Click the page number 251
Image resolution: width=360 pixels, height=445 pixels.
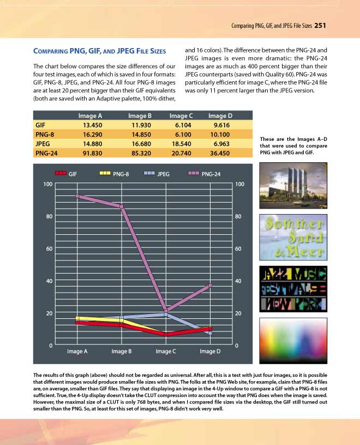[x=320, y=25]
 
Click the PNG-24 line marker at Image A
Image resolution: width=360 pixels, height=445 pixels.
[x=77, y=195]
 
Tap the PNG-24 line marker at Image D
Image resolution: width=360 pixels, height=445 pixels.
[x=209, y=286]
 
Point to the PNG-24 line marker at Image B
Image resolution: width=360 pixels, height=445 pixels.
[x=122, y=206]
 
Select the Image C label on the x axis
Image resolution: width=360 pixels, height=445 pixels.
[x=166, y=352]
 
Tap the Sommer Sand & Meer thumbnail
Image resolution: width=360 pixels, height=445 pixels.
[x=293, y=238]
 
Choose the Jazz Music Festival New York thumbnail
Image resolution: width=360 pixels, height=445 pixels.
[x=293, y=288]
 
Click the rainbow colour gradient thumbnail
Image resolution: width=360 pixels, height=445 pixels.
[x=293, y=339]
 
